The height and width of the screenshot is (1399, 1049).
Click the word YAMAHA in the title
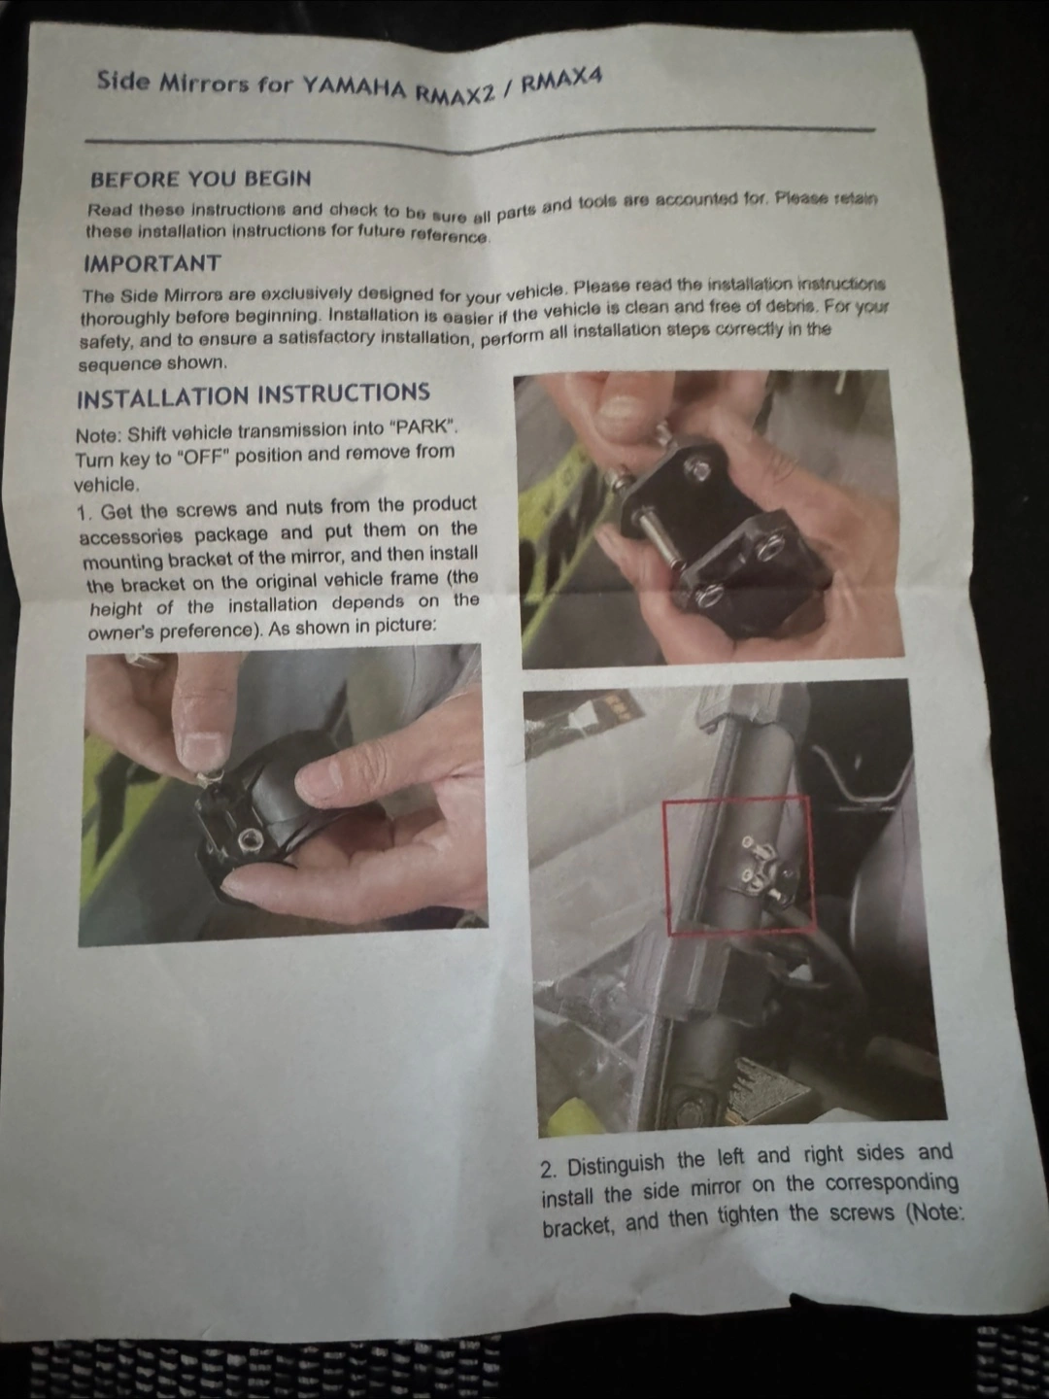point(354,88)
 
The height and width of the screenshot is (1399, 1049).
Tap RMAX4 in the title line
point(560,82)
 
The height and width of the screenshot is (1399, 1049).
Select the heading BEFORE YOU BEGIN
point(201,179)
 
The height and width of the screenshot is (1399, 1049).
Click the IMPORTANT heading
point(152,263)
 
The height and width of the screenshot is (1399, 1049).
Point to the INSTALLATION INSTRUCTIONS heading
point(254,395)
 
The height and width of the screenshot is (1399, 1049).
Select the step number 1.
point(83,512)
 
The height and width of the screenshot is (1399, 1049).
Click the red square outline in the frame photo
point(664,867)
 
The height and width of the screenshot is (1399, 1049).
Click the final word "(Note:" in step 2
point(933,1211)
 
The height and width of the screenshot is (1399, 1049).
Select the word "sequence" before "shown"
point(118,365)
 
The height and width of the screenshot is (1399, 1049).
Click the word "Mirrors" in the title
point(203,84)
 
